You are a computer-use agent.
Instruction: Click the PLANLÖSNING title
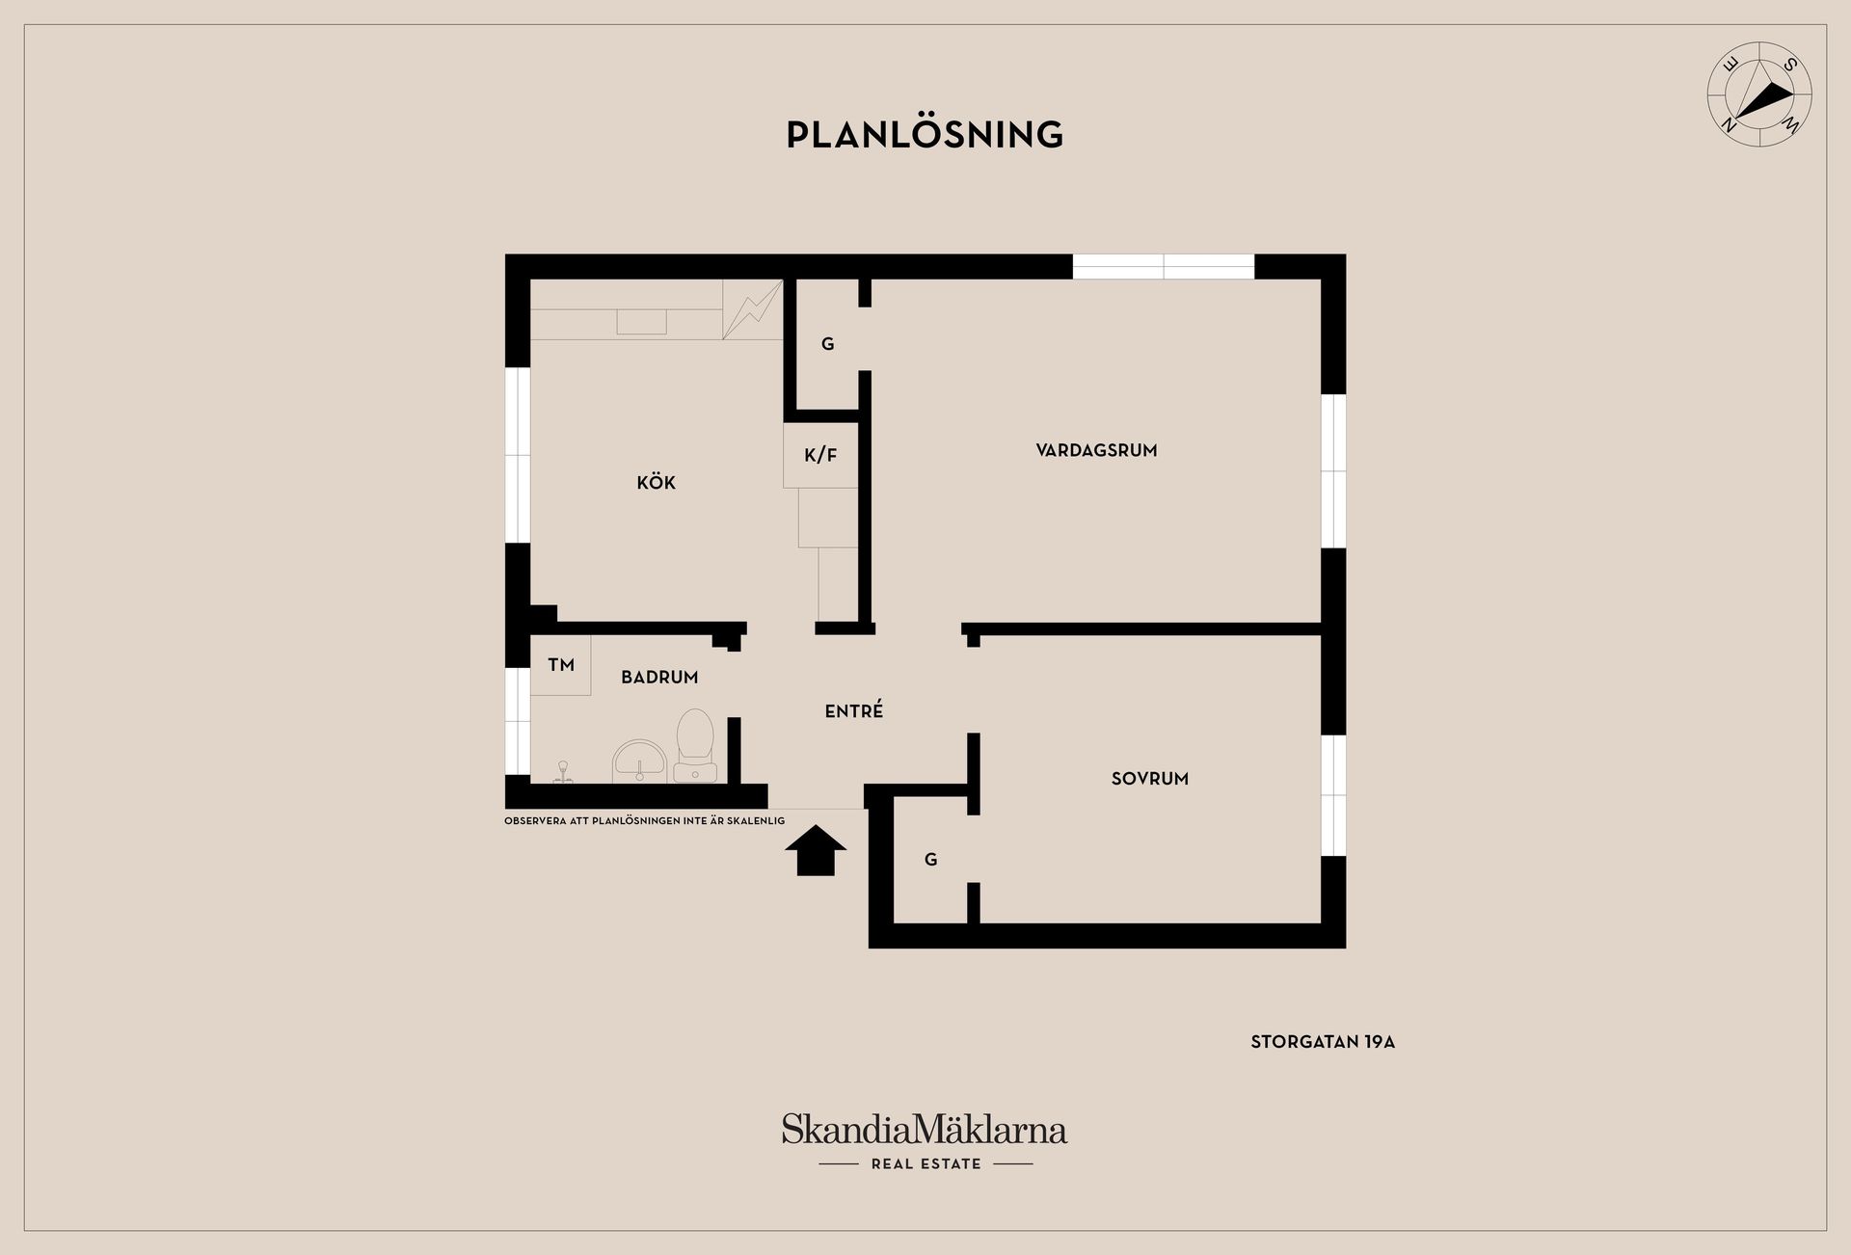coord(925,135)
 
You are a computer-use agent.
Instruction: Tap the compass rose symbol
coord(1759,94)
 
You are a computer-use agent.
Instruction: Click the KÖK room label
coord(656,483)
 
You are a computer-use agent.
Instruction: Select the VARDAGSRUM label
coord(1096,450)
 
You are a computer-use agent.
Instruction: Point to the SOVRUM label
coord(1149,779)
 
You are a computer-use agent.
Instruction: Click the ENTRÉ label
coord(854,711)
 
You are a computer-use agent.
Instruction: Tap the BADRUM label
coord(659,678)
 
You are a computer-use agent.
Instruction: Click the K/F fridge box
coord(820,455)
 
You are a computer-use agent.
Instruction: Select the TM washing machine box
coord(560,665)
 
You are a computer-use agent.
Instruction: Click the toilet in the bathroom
coord(694,744)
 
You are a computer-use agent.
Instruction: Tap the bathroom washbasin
coord(639,761)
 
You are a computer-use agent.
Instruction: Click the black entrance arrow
coord(816,850)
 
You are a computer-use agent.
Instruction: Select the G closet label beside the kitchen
coord(827,344)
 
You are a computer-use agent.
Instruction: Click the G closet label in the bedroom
coord(930,860)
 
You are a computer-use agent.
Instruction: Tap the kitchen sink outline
coord(641,322)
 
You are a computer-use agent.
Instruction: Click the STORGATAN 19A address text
coord(1323,1042)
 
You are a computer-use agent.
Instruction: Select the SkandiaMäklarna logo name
coord(924,1130)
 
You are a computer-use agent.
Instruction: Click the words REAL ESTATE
coord(925,1164)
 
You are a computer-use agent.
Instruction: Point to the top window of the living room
coord(1164,267)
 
